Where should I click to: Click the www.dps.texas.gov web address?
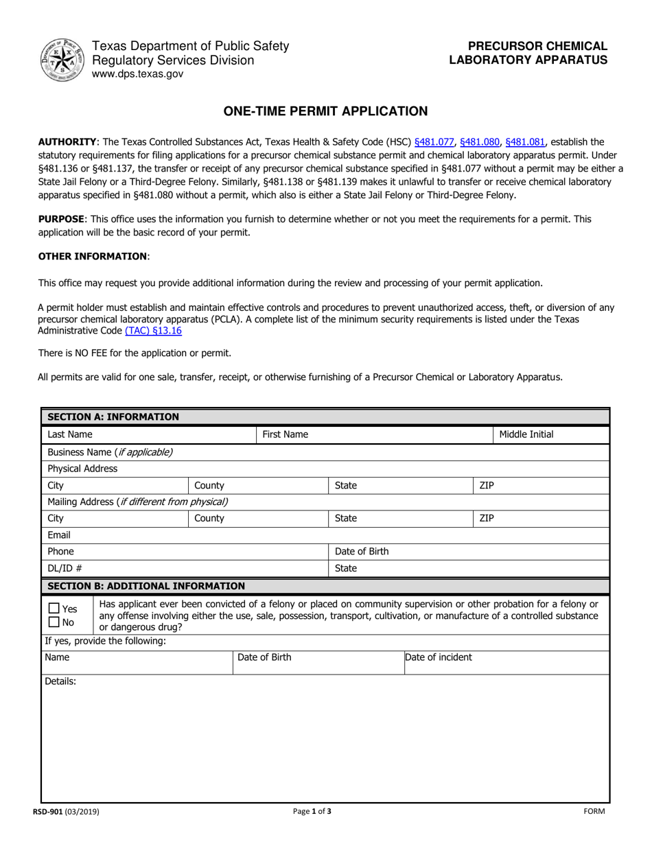pos(138,74)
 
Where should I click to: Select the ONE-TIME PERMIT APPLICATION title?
pos(325,111)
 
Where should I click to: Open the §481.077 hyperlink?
pos(434,142)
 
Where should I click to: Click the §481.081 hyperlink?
pos(525,142)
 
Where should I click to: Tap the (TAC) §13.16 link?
pos(153,330)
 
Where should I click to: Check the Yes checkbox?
pos(54,609)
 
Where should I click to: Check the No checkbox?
pos(54,622)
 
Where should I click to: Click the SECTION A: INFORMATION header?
pos(113,417)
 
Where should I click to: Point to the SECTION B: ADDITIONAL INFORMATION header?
pos(145,586)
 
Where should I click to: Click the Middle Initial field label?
pos(526,434)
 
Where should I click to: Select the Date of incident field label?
pos(439,657)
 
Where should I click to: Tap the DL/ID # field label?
pos(65,568)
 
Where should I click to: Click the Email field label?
pos(59,535)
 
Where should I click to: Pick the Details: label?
pos(60,681)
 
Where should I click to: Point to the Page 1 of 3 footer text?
pos(312,812)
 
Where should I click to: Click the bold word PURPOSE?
pos(61,219)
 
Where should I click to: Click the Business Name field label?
pos(110,452)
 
